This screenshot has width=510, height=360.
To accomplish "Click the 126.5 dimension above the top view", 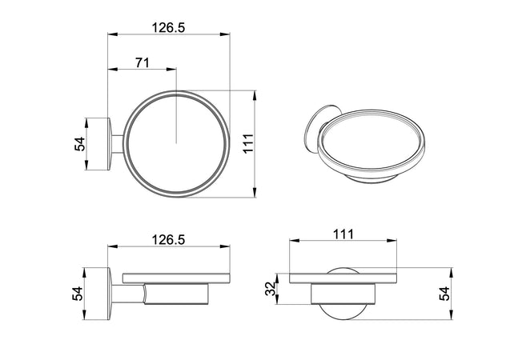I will click(x=168, y=27).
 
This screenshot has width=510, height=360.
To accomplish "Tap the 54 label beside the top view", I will click(x=79, y=144).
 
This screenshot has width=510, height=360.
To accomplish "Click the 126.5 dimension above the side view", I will click(x=168, y=239).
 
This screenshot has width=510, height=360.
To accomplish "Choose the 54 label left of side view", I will click(x=78, y=293).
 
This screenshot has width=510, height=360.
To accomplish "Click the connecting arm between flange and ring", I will click(x=118, y=144).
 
